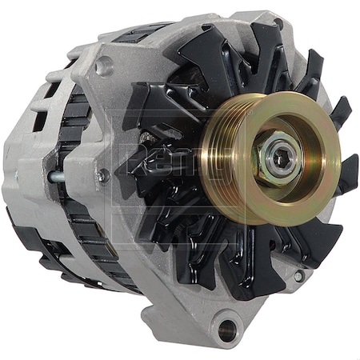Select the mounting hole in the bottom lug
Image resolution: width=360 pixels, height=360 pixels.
pos(230,326)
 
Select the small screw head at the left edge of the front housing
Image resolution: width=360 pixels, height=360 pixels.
pos(101,174)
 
